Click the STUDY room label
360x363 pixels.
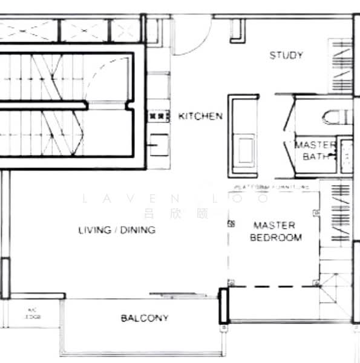[x=286, y=56]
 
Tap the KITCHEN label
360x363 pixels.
[x=200, y=116]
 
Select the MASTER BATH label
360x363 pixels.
[x=314, y=150]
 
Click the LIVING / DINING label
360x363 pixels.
[x=117, y=230]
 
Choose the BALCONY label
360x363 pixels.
[x=144, y=318]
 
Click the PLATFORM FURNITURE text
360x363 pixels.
[x=272, y=188]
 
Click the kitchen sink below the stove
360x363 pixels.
[x=159, y=143]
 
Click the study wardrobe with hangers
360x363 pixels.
[x=340, y=67]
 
